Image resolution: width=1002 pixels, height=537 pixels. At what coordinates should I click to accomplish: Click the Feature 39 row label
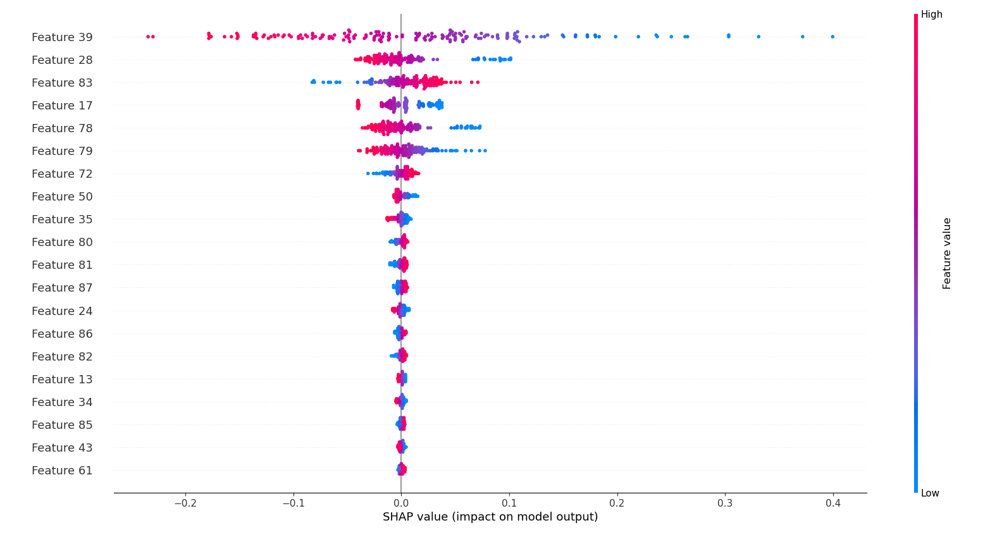pos(62,37)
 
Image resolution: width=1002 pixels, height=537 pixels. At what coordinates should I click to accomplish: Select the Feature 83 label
pos(62,83)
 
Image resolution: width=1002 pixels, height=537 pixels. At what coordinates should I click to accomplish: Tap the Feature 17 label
pos(62,106)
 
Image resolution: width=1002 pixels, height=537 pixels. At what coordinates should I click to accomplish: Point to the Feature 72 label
pos(62,174)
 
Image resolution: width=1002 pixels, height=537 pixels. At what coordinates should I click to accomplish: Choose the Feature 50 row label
pos(62,197)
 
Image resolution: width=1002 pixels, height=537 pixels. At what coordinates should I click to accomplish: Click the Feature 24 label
pos(62,311)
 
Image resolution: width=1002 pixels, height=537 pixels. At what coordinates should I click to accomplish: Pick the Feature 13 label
pos(62,380)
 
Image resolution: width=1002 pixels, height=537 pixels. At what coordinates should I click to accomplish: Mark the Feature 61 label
pos(62,471)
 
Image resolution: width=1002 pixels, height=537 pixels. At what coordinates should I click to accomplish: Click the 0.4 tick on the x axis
pos(833,503)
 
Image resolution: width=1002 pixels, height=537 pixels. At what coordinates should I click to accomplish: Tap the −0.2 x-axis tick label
pos(185,503)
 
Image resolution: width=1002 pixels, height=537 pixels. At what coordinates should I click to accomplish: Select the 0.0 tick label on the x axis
pos(401,503)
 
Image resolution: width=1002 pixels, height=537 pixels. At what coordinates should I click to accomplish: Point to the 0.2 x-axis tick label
pos(617,503)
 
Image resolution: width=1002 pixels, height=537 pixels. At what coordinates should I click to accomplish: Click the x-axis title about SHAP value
pos(490,517)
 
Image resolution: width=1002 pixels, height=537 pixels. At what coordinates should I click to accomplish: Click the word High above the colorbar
pos(931,15)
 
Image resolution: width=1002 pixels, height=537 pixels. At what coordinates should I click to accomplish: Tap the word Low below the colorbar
pos(930,493)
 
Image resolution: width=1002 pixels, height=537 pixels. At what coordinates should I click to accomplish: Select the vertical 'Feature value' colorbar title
pos(946,254)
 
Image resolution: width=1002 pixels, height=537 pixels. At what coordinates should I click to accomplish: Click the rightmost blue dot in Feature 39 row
pos(832,37)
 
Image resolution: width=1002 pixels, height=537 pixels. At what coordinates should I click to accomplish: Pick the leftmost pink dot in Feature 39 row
pos(148,37)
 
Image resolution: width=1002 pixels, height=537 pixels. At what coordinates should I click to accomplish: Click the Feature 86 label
pos(62,334)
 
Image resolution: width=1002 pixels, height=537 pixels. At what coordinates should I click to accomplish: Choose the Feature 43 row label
pos(62,448)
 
